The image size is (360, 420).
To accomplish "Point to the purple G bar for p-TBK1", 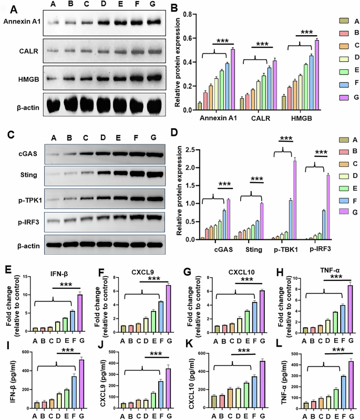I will click(x=295, y=200).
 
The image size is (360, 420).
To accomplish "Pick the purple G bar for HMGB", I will click(x=302, y=75).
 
